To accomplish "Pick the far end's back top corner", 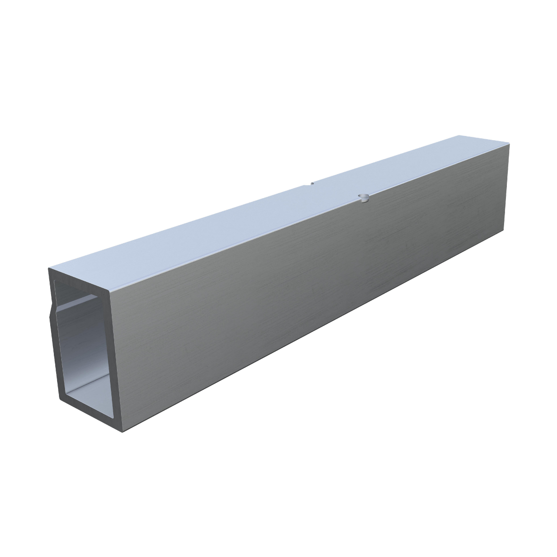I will click(457, 136).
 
